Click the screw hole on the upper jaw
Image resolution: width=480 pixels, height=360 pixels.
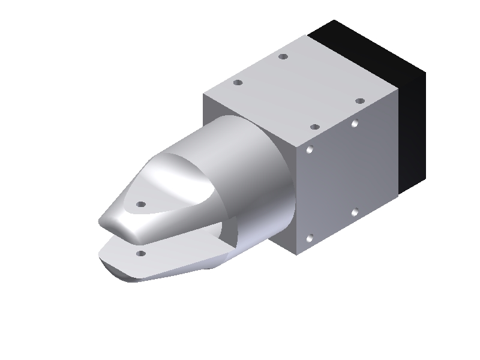[141, 204]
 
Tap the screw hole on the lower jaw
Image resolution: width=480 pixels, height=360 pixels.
[141, 254]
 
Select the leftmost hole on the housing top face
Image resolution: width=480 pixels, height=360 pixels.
[238, 82]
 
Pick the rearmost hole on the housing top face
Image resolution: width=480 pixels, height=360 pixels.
[284, 57]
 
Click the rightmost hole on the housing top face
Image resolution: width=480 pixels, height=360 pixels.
[359, 101]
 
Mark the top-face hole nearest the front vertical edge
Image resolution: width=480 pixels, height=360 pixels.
[313, 127]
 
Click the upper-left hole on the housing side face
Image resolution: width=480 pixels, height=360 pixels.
[310, 150]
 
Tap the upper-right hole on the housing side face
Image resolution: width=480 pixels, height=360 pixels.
[355, 124]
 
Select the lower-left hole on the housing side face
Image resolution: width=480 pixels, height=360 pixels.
[310, 239]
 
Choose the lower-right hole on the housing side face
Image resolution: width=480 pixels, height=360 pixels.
[355, 212]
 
